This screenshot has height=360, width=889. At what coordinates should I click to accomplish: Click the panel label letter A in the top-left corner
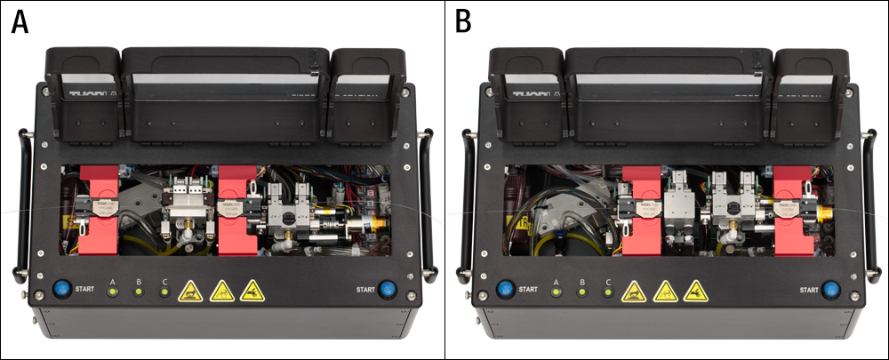pos(20,22)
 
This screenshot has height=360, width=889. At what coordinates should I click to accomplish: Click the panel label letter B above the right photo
pos(463,22)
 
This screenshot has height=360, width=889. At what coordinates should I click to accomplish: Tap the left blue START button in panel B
pos(504,289)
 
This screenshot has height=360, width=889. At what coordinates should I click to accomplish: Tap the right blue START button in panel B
pos(831,289)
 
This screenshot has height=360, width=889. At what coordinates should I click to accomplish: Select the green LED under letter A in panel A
pos(113,292)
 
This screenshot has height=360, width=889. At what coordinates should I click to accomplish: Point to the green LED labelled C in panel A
pos(165,292)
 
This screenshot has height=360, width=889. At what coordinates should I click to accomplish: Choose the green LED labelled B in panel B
pos(583,292)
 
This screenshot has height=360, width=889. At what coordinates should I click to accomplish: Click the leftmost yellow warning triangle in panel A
pos(190,290)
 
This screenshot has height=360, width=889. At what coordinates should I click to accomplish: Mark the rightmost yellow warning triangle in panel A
pos(252,290)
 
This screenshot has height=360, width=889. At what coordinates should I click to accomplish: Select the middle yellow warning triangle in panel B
pos(665,290)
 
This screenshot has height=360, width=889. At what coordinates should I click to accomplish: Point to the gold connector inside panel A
pos(382,217)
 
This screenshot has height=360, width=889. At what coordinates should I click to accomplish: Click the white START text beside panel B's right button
pos(807,290)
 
